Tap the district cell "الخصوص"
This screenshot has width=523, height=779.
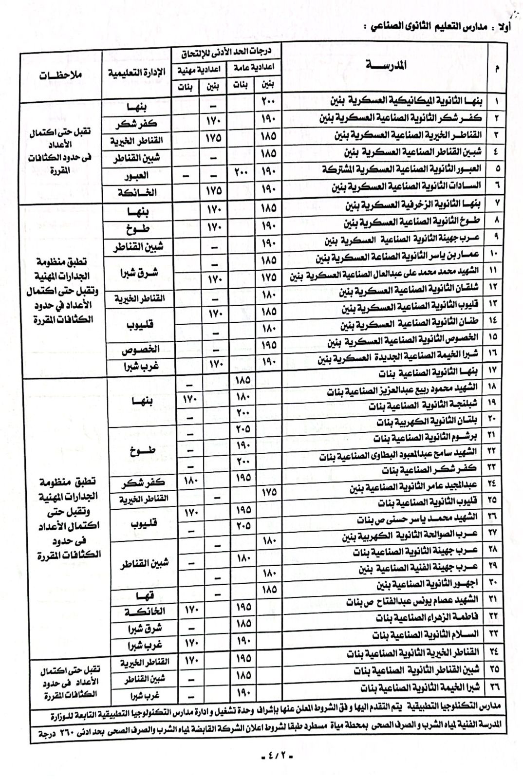tap(142, 350)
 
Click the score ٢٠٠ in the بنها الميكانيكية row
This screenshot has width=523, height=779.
tap(269, 101)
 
